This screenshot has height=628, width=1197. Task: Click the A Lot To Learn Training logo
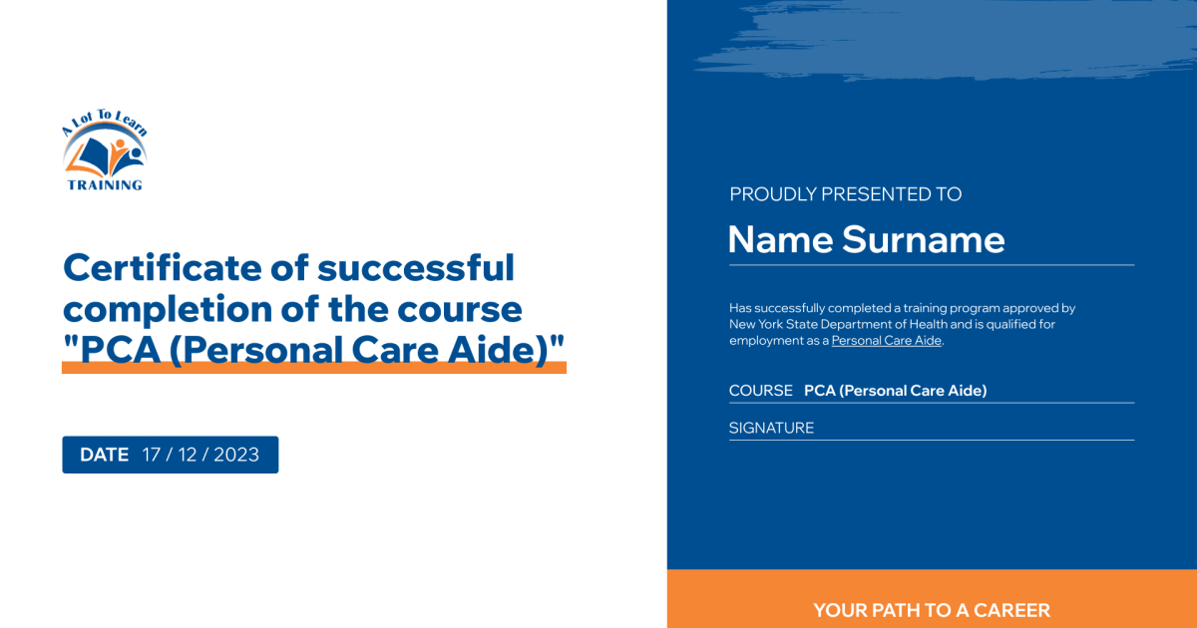click(105, 151)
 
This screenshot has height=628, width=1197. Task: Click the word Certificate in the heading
click(163, 267)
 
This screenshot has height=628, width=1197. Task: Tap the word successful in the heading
click(416, 267)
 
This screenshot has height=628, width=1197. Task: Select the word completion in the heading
click(168, 310)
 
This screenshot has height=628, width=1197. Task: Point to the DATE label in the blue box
click(104, 455)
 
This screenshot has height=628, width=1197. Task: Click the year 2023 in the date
click(236, 455)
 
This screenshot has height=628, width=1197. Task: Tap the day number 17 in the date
click(152, 455)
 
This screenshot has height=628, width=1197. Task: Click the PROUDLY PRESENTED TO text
click(846, 193)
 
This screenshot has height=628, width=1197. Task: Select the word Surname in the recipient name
click(924, 239)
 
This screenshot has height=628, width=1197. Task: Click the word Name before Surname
click(781, 239)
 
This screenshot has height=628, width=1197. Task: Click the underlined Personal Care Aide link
click(887, 341)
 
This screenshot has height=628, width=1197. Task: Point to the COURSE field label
click(761, 391)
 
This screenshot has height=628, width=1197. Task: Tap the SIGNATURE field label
click(772, 428)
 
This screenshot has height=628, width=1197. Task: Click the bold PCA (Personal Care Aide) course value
click(896, 391)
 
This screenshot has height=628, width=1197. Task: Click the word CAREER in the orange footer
click(1011, 610)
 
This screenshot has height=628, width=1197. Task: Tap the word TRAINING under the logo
click(105, 185)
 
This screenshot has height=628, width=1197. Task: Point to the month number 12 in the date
click(188, 455)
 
